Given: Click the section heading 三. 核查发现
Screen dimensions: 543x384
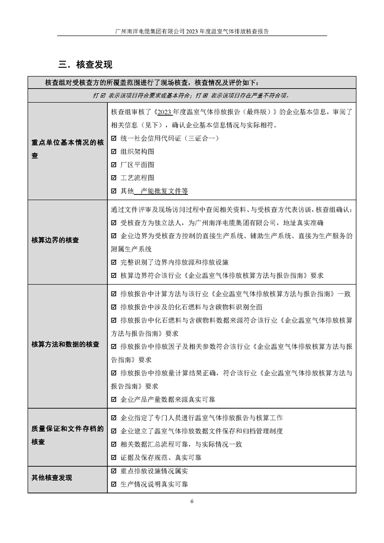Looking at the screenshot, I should pyautogui.click(x=85, y=64).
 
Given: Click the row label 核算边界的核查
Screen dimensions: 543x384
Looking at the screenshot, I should pyautogui.click(x=56, y=240).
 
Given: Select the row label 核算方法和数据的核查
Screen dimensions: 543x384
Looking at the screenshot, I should pyautogui.click(x=66, y=344).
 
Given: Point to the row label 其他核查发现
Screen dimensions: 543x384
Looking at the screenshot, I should pyautogui.click(x=52, y=477).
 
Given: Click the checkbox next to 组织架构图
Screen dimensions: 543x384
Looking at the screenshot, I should pyautogui.click(x=114, y=151).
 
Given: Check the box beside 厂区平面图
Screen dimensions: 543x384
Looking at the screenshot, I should pyautogui.click(x=114, y=164).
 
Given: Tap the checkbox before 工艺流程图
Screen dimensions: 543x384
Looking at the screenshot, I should pyautogui.click(x=114, y=177).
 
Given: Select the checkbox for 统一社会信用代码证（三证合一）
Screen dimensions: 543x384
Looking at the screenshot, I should pyautogui.click(x=114, y=138).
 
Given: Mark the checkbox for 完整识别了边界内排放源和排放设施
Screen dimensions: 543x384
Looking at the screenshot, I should pyautogui.click(x=114, y=262).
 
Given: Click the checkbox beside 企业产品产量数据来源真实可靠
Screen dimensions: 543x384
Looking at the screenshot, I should pyautogui.click(x=114, y=399).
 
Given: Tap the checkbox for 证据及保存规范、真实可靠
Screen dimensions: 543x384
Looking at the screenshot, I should pyautogui.click(x=114, y=457).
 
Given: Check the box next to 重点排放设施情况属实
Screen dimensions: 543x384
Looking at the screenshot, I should pyautogui.click(x=114, y=471).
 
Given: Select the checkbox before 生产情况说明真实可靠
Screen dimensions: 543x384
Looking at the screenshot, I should pyautogui.click(x=114, y=484).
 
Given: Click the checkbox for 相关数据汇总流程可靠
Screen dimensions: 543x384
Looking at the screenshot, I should pyautogui.click(x=114, y=444).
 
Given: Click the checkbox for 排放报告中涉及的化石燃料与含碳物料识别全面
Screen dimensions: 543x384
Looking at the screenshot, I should pyautogui.click(x=114, y=306).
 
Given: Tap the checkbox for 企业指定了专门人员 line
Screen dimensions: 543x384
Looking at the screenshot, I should pyautogui.click(x=114, y=418).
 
